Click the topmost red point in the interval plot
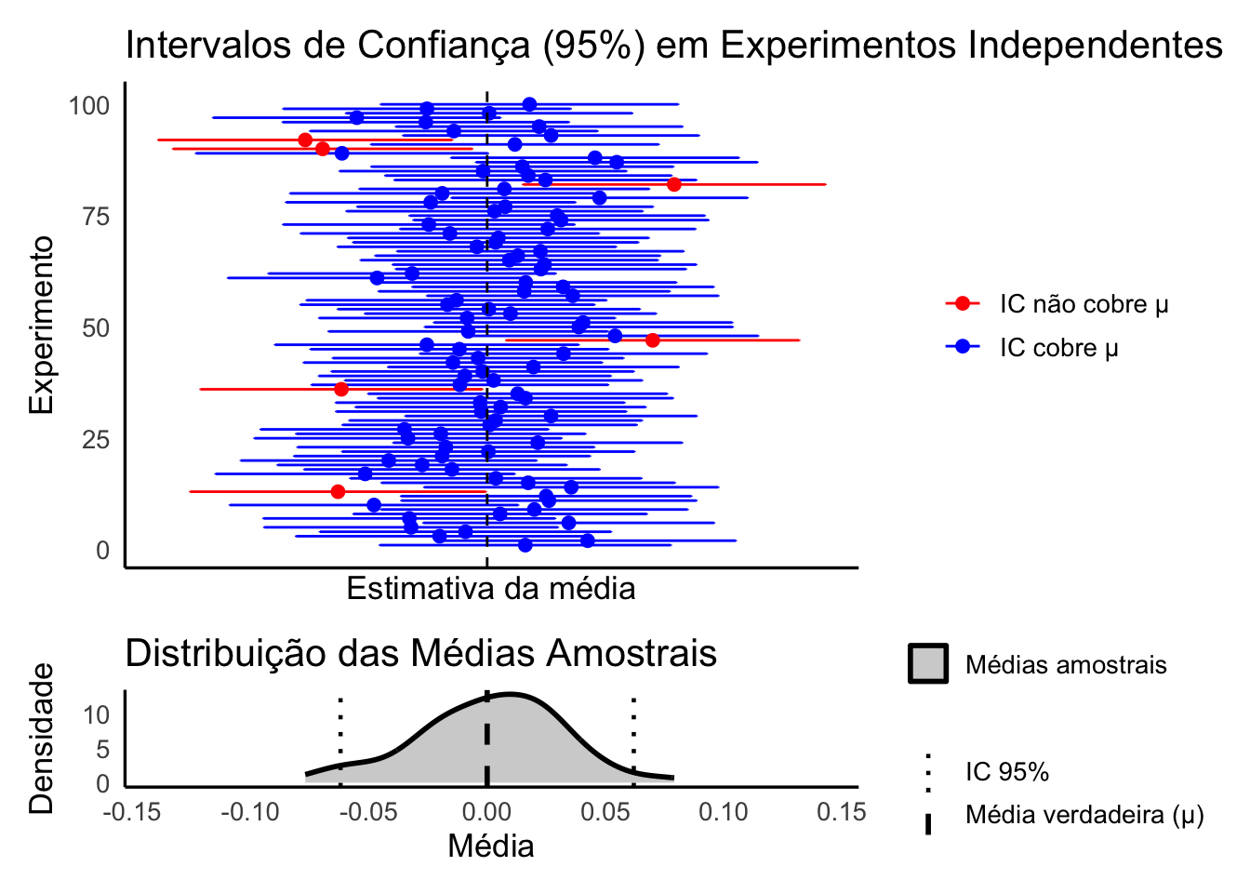(x=305, y=140)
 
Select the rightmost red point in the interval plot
(x=673, y=184)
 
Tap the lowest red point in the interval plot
(x=338, y=491)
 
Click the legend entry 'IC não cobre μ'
(x=1084, y=304)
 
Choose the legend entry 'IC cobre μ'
(x=1058, y=348)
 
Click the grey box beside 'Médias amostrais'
(x=927, y=664)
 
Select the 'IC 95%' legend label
(x=1007, y=772)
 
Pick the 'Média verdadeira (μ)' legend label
(x=1084, y=816)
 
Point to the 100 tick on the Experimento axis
(x=89, y=106)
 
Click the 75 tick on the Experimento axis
(x=96, y=217)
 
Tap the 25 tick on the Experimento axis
(x=96, y=439)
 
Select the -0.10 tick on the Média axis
(x=250, y=812)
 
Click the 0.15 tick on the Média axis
(x=841, y=812)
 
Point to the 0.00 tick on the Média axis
(x=486, y=812)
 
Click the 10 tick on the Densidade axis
(x=97, y=715)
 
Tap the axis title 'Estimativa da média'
(x=491, y=589)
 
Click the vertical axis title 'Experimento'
(x=41, y=325)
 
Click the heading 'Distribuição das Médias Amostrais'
(x=420, y=654)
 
